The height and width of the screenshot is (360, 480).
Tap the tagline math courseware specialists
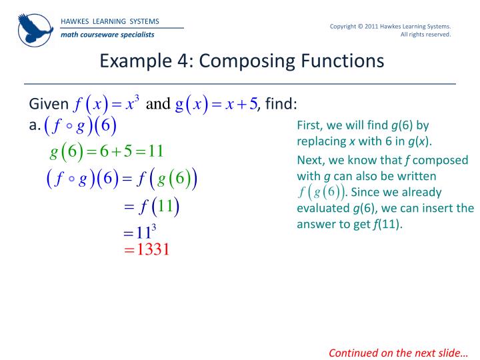(x=107, y=35)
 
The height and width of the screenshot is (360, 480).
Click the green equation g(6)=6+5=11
(x=107, y=151)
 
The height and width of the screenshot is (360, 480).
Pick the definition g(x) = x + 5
(x=216, y=105)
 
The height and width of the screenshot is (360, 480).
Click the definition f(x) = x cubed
(x=107, y=105)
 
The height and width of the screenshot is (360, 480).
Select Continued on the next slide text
(x=399, y=353)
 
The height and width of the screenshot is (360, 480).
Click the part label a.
(x=34, y=125)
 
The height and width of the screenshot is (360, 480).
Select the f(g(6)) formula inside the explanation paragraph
(x=321, y=193)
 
